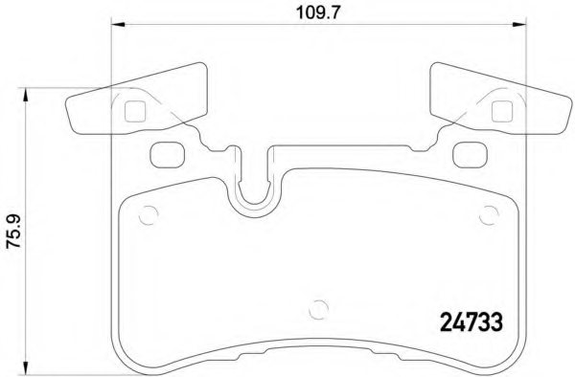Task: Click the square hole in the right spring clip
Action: pyautogui.click(x=499, y=111)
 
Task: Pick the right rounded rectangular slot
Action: pyautogui.click(x=469, y=151)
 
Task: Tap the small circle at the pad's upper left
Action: pyautogui.click(x=147, y=215)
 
